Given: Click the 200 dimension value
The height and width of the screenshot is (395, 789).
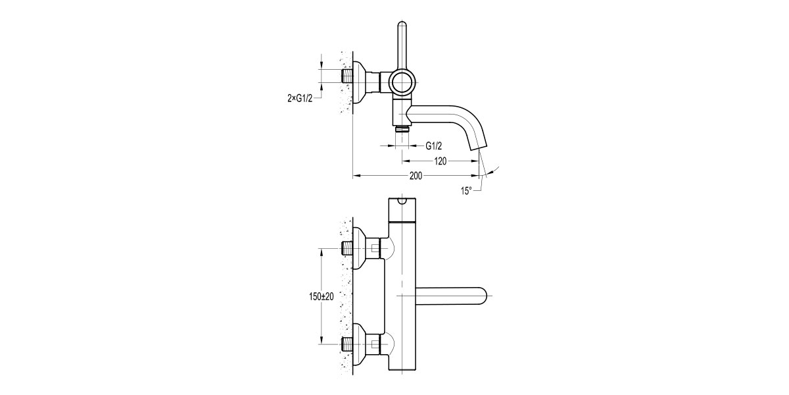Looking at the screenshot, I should pos(416,176).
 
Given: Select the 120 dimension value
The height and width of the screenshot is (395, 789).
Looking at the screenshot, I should pos(442,161).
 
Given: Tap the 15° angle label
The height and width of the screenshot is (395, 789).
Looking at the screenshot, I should pos(466,191).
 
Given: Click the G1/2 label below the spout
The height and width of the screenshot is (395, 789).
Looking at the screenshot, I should pos(433,145).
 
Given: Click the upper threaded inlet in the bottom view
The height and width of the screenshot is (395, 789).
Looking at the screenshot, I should pos(348,249).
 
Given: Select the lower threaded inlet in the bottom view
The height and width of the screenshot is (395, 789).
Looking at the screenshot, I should pos(348,344).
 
